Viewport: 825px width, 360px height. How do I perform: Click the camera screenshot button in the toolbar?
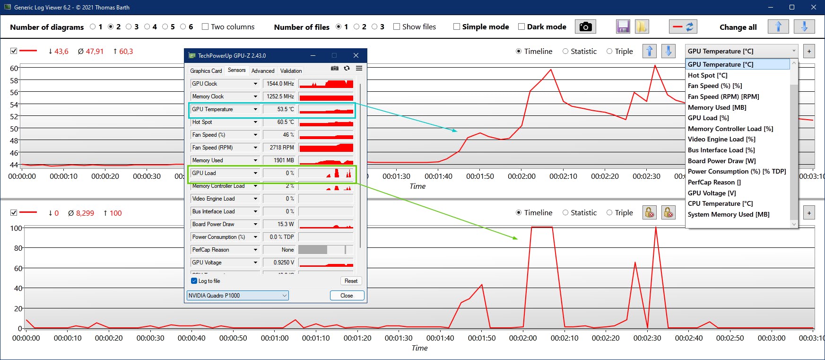point(585,27)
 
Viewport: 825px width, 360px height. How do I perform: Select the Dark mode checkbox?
point(521,27)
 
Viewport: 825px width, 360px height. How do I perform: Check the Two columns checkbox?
point(205,27)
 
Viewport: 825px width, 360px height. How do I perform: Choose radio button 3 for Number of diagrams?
point(129,27)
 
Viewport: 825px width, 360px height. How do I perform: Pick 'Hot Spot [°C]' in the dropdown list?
point(707,75)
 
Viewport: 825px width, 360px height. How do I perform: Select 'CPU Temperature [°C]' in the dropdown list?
point(720,203)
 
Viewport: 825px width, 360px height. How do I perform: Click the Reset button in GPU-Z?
point(351,281)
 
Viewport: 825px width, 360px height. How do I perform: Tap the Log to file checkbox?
point(194,281)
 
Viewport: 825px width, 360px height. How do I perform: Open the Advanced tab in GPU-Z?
point(263,71)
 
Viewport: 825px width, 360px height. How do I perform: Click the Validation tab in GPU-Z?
point(291,71)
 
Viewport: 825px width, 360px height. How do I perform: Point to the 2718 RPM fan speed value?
point(281,148)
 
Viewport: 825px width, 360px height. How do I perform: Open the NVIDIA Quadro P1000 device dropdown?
point(237,296)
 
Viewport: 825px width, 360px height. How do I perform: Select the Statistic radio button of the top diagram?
point(565,52)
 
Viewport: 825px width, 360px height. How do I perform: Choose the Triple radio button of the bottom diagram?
point(609,213)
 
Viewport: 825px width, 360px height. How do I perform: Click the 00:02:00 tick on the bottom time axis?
point(523,338)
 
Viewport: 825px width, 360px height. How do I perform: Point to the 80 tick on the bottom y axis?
point(18,248)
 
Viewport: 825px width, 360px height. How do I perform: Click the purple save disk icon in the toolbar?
point(623,27)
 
